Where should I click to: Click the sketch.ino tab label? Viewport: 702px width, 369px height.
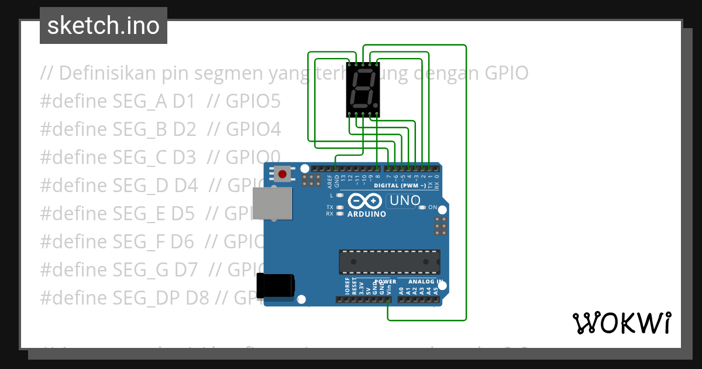[x=104, y=26]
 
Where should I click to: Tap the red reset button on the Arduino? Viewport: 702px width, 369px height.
[x=283, y=174]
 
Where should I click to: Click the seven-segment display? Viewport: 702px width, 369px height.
[x=363, y=90]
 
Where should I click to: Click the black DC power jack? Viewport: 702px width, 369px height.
[x=275, y=286]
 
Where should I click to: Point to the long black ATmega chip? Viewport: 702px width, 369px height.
[x=390, y=262]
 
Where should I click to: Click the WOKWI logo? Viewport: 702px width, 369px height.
[x=621, y=323]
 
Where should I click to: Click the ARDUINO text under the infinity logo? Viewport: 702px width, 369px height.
[x=367, y=214]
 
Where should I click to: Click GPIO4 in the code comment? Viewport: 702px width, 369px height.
[x=253, y=129]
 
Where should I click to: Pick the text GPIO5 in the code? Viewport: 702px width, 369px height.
[x=253, y=102]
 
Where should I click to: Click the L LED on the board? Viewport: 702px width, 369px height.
[x=339, y=195]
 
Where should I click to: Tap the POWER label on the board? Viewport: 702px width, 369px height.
[x=386, y=282]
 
